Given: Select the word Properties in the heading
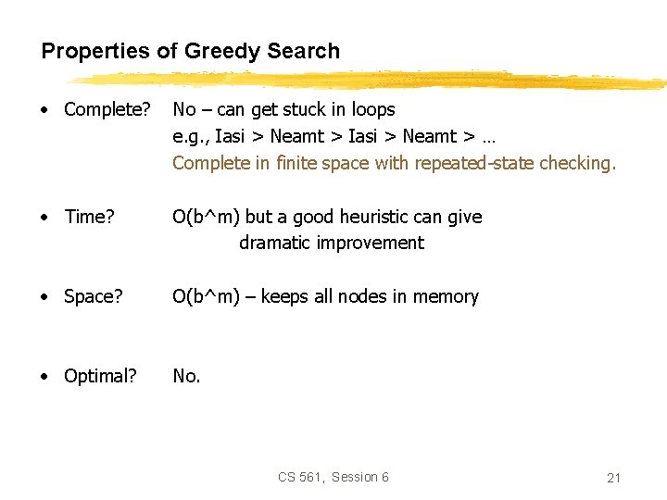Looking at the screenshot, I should coord(96,52).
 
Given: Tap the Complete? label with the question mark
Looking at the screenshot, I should coord(107,110).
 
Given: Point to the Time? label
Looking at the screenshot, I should coord(89,217).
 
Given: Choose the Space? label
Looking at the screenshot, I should coord(93,297).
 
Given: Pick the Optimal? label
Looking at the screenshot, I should coord(100,376).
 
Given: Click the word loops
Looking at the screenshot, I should coord(371,110).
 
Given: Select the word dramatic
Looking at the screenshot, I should coord(273,243).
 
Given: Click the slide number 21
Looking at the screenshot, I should coord(613,478).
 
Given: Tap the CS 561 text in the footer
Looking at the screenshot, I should coord(300,477).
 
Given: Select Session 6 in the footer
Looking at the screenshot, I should coord(360,477).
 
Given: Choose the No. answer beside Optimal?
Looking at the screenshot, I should coord(186,376).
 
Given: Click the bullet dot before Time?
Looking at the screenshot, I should coord(46,218).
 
